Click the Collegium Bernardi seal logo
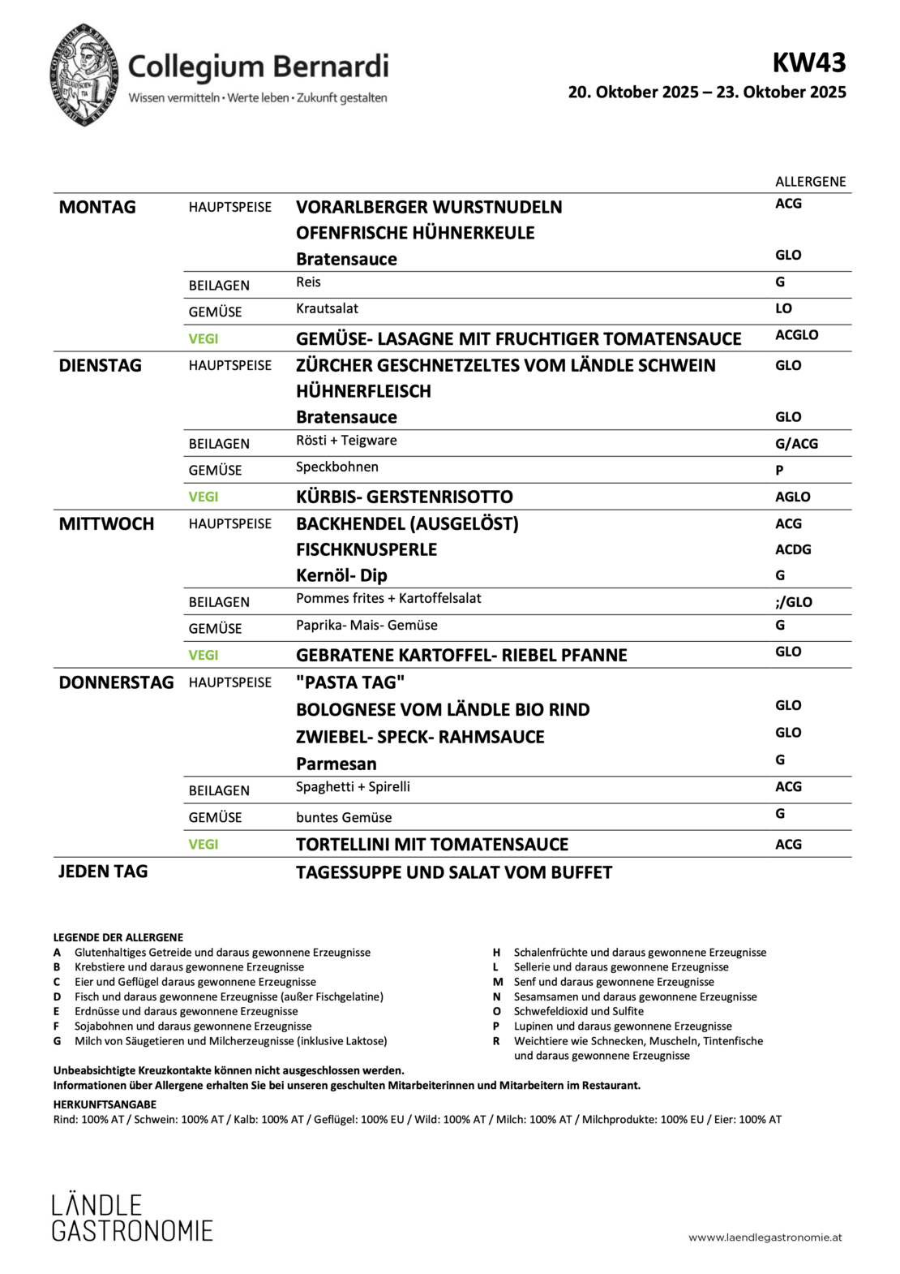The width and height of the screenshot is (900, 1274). [x=84, y=75]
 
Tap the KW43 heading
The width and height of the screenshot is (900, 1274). [x=808, y=62]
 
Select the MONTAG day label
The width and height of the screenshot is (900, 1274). [x=97, y=207]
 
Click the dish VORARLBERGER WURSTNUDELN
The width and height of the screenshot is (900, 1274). [x=429, y=207]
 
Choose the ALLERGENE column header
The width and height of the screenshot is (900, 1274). [x=810, y=182]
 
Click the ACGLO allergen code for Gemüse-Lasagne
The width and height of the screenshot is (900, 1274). [x=796, y=335]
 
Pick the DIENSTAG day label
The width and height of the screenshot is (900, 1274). [x=100, y=365]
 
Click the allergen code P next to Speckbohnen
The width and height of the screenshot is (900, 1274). [x=779, y=470]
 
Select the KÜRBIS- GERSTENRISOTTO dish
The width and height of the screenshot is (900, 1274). [x=404, y=497]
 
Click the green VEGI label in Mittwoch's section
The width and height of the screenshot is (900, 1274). [x=204, y=655]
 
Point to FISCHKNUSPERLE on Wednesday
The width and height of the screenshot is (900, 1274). [x=366, y=549]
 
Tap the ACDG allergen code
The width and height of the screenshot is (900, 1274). [x=792, y=549]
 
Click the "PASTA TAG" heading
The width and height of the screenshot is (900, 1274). [x=349, y=682]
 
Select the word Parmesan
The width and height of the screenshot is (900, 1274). [x=336, y=764]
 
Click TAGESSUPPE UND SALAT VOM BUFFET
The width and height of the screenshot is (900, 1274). [x=453, y=872]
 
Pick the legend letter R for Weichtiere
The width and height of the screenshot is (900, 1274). [x=496, y=1041]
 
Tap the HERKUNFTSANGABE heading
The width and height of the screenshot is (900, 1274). [x=105, y=1104]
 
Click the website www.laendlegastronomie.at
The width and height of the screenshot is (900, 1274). [x=765, y=1237]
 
